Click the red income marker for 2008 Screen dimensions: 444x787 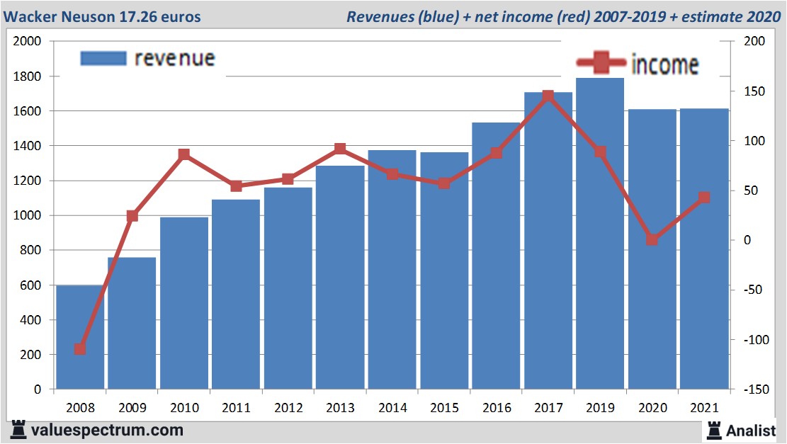[x=80, y=349]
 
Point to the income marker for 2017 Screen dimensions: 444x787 [x=548, y=96]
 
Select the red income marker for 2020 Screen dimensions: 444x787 [x=652, y=240]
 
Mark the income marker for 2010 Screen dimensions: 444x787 [x=184, y=154]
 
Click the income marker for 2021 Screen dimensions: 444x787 [x=703, y=198]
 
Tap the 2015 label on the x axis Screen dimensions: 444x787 [x=443, y=408]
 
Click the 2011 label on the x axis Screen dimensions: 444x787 [x=236, y=408]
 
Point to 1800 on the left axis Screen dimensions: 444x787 [x=28, y=76]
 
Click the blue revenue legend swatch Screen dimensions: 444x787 [x=103, y=58]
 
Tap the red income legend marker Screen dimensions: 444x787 [x=601, y=64]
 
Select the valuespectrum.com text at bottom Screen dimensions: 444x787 [x=106, y=430]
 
